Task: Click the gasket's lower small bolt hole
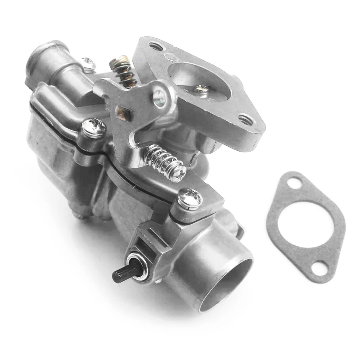(x=319, y=268)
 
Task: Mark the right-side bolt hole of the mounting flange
(x=246, y=120)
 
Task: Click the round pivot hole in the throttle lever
(x=159, y=97)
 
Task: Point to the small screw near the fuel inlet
(x=88, y=63)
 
